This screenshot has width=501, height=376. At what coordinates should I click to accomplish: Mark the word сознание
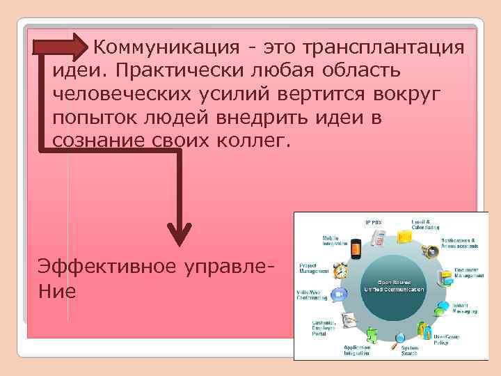pyautogui.click(x=97, y=141)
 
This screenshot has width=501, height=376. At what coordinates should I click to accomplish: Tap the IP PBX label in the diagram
pyautogui.click(x=374, y=221)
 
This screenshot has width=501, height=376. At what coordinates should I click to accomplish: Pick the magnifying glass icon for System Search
pyautogui.click(x=398, y=341)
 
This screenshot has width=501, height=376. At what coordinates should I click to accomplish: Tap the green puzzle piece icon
pyautogui.click(x=372, y=336)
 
